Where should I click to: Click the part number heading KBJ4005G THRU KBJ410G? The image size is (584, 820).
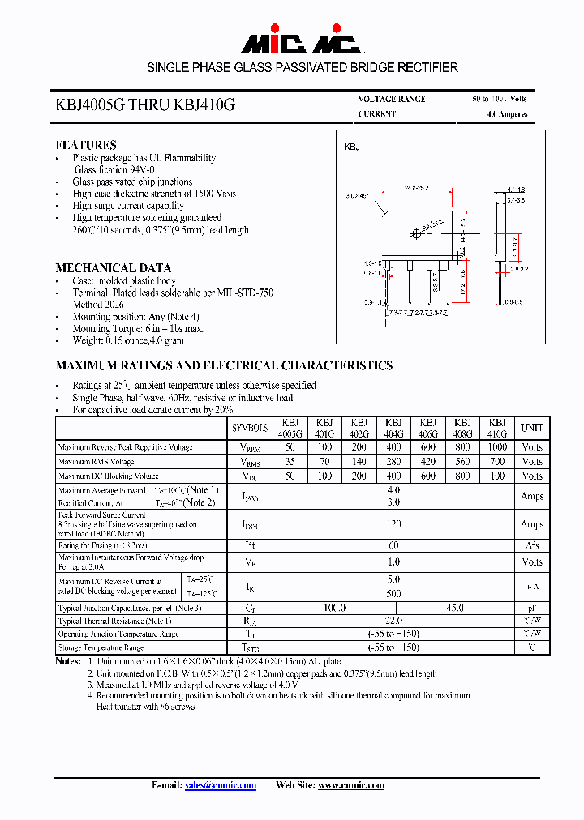point(146,105)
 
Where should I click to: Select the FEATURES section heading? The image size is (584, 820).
point(86,145)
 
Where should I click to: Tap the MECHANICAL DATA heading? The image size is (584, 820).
point(113,267)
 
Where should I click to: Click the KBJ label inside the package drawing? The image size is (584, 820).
point(352,147)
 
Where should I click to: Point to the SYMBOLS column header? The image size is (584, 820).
point(250,428)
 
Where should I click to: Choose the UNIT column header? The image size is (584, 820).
point(532,428)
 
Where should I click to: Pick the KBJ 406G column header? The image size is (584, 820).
point(428,428)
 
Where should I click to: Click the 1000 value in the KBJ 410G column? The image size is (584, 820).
point(497,446)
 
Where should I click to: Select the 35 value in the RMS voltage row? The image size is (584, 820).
point(290,461)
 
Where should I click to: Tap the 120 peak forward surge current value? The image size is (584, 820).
point(393,524)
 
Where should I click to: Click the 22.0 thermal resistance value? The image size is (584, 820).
point(393,621)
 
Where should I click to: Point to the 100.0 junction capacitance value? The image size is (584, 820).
point(334,607)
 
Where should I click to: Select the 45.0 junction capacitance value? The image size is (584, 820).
point(455,607)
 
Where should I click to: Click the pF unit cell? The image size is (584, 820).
point(532,607)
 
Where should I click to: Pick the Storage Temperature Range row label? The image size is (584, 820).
point(101,647)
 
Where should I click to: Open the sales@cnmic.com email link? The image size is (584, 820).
point(221,785)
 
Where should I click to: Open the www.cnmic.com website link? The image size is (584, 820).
point(351,785)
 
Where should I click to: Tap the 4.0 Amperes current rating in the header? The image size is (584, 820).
point(507,114)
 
